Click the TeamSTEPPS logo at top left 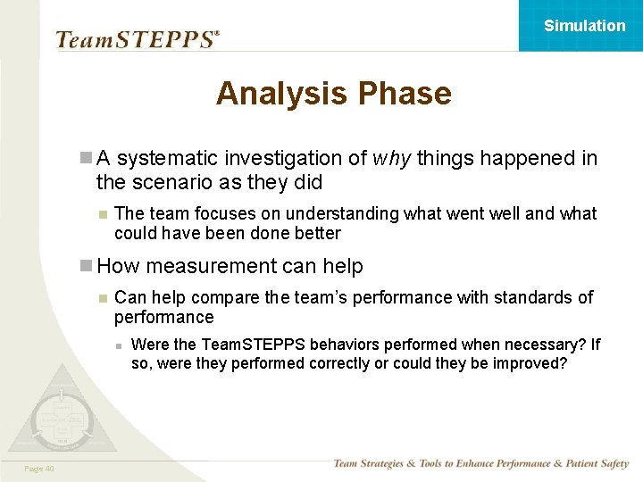pos(137,39)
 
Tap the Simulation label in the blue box pos(585,26)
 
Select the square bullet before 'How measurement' pos(86,266)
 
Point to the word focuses pos(213,214)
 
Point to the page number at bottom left pos(39,469)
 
